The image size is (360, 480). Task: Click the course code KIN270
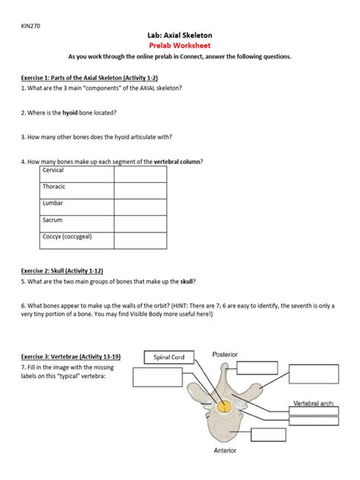[x=30, y=26]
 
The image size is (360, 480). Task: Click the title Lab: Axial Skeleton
[x=179, y=35]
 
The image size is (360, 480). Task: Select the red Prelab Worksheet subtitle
[x=179, y=46]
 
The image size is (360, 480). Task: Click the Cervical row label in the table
[x=54, y=171]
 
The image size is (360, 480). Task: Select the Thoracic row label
[x=54, y=187]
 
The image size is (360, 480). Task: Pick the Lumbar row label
[x=52, y=204]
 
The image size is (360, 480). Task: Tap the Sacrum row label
[x=53, y=220]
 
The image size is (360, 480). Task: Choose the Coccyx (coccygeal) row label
[x=68, y=237]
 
